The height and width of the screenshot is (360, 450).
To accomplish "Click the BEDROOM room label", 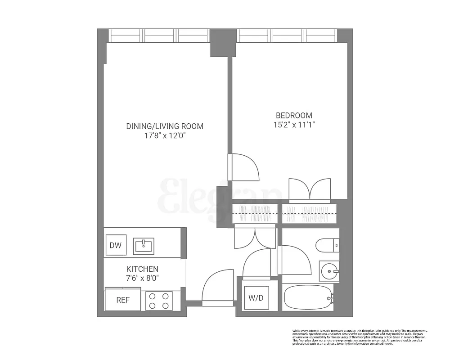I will coord(294,116).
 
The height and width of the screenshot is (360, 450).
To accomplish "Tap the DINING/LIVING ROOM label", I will coord(165,126).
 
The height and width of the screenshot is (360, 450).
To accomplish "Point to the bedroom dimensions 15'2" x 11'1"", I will coord(294,126).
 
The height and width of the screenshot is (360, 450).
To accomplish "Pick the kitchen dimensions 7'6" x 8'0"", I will coord(143,278).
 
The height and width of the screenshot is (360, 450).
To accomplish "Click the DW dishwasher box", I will coord(116,246).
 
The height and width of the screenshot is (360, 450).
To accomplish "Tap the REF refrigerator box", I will coord(123,300).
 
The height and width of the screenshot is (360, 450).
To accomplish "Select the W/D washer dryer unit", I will coord(256,298).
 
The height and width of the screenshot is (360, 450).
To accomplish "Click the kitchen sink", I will coord(144,246).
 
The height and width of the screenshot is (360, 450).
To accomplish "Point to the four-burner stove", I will coord(159,301).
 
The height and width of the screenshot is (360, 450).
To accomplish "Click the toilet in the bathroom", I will coord(327,246).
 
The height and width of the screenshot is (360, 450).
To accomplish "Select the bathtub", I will coord(309,297).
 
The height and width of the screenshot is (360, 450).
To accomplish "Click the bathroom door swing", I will coord(295,260).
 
